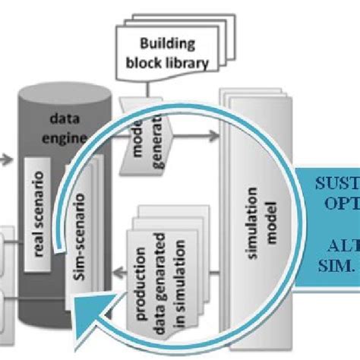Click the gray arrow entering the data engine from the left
coord(5,159)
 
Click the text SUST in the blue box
coord(335,183)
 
